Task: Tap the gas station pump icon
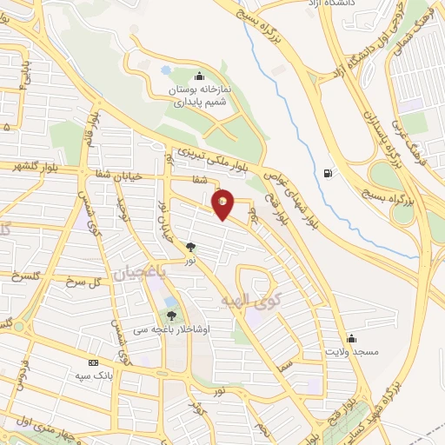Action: [x=327, y=173]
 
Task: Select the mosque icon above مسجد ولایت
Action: [x=351, y=338]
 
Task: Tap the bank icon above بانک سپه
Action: [x=92, y=362]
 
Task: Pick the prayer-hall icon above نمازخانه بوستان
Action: [x=201, y=76]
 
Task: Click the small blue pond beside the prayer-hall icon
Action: [x=166, y=70]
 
